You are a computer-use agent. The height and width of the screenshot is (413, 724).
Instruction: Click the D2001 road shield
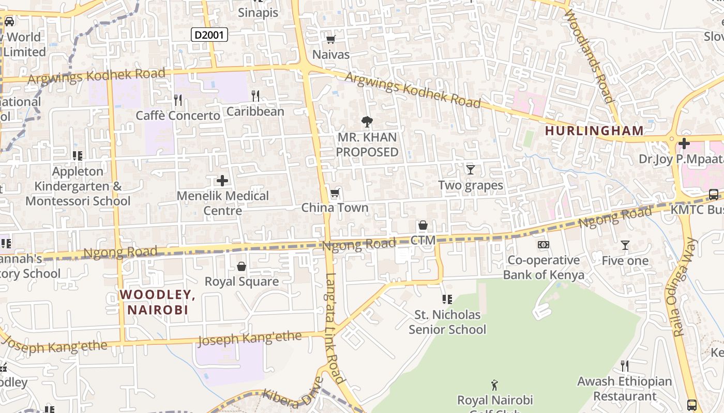pos(209,35)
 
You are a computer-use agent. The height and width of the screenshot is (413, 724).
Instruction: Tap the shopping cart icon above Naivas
pos(330,39)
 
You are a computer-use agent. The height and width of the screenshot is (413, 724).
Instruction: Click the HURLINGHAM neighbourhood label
pos(594,131)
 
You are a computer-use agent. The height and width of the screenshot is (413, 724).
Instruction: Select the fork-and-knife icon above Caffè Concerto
pos(178,99)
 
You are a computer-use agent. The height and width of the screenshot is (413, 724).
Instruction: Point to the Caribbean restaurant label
pos(255,112)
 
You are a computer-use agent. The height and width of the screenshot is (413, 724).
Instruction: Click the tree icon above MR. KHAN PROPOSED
pos(367,122)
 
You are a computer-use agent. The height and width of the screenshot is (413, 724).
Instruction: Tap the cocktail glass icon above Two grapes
pos(470,169)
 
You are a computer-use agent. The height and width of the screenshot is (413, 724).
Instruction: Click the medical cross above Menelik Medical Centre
pos(222,181)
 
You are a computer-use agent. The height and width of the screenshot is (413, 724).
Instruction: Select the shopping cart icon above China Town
pos(335,193)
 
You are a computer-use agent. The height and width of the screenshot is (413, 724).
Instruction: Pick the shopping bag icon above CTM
pos(423,225)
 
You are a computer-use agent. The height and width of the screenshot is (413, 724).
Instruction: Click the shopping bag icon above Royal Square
pos(241,266)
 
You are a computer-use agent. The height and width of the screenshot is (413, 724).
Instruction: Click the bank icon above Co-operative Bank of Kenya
pos(543,245)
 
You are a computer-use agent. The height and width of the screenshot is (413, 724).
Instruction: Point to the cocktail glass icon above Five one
pos(625,245)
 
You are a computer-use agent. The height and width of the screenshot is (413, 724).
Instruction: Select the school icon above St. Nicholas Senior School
pos(447,299)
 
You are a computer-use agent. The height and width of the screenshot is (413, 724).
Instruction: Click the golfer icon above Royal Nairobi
pos(494,385)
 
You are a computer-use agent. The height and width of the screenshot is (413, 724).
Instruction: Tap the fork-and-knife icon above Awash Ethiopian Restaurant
pos(625,366)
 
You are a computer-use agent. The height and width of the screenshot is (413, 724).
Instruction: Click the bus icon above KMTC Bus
pos(713,195)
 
